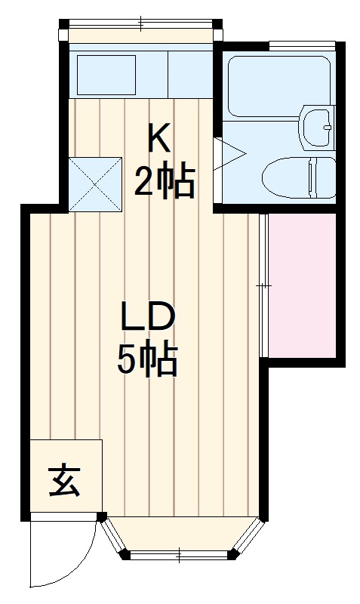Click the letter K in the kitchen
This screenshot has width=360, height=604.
159,138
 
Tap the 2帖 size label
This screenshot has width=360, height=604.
165,181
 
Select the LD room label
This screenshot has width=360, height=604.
149,318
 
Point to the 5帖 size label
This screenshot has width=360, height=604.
148,360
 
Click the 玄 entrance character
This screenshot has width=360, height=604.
65,479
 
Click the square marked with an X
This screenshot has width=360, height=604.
94,183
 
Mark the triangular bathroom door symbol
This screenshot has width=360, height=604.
229,155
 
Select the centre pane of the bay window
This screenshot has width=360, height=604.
180,556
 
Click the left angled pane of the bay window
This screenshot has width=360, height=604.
113,538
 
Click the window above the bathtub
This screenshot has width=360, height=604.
302,46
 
